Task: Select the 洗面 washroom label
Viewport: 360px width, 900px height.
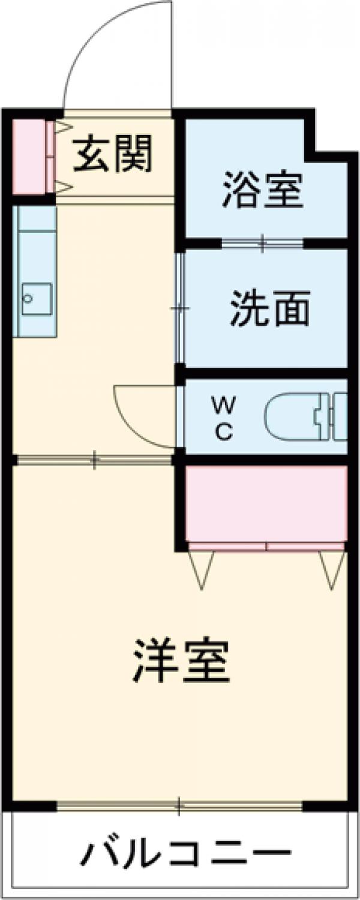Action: coord(271,308)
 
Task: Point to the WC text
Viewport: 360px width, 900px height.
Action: coord(223,420)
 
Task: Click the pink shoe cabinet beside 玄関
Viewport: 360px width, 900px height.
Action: coord(28,157)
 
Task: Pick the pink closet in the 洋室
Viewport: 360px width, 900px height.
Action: coord(266,504)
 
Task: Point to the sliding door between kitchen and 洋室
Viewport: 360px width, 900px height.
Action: coord(94,460)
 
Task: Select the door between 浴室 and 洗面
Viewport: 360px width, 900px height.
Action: coord(262,243)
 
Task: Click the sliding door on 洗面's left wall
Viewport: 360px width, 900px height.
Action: coord(179,308)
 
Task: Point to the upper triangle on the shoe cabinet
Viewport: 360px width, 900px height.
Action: coord(63,127)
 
